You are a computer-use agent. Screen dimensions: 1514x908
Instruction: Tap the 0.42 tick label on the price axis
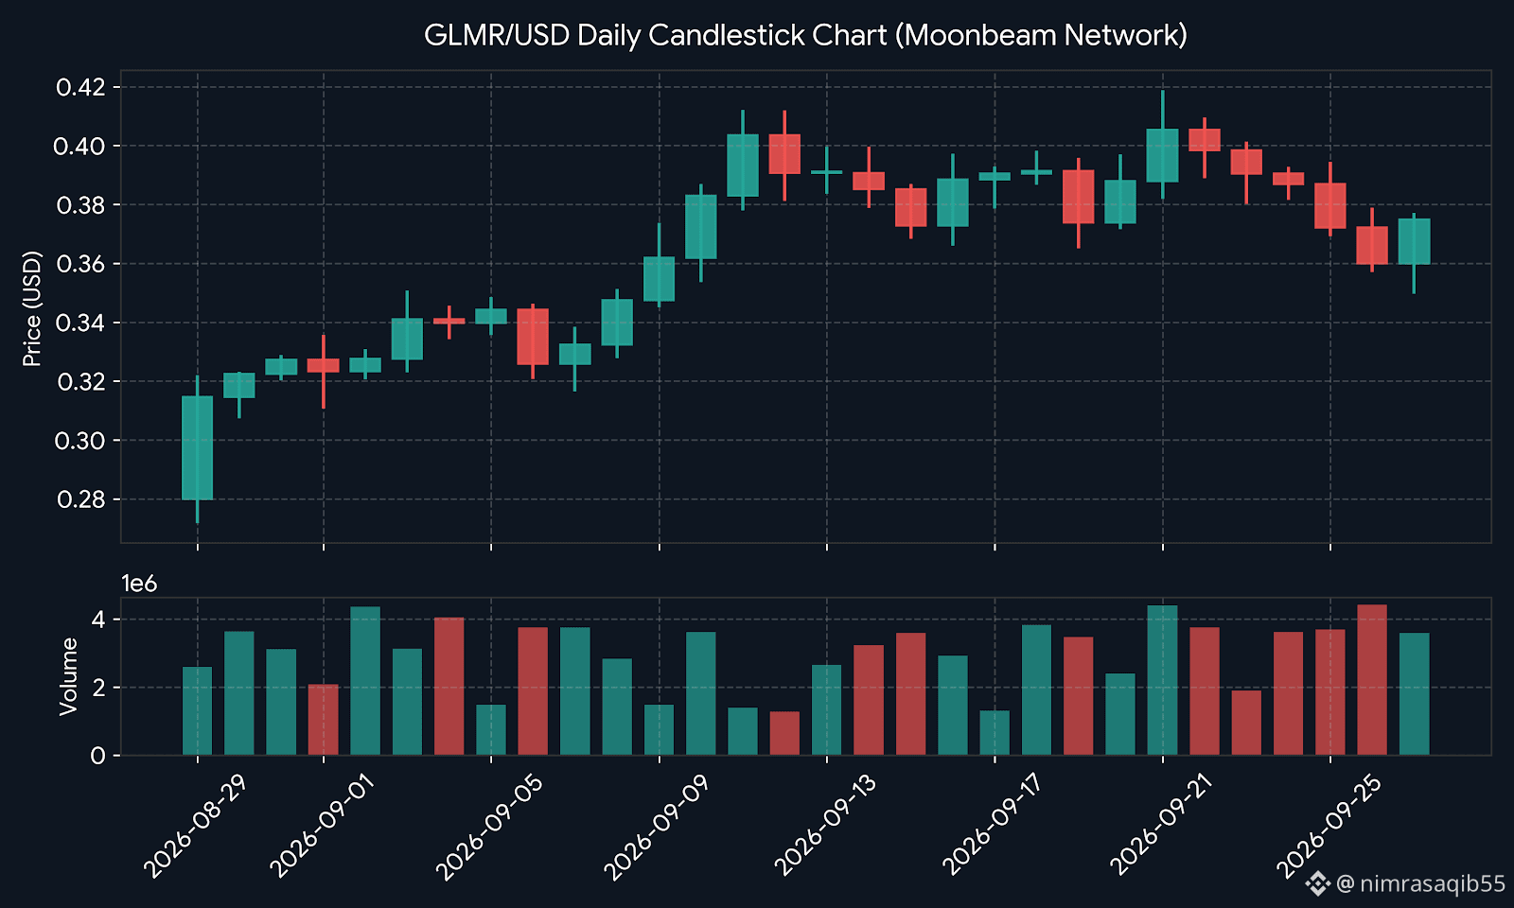(80, 87)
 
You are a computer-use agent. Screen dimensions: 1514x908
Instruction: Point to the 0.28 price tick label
(80, 499)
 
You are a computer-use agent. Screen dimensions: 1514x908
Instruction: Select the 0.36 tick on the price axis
(80, 264)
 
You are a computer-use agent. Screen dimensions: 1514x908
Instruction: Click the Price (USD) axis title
(32, 308)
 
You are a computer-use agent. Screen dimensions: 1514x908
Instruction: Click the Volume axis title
(68, 676)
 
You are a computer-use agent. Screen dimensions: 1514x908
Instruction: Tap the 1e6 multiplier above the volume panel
(139, 583)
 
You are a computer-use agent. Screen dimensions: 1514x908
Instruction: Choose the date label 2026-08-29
(195, 827)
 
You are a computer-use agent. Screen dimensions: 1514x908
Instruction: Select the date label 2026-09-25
(1329, 827)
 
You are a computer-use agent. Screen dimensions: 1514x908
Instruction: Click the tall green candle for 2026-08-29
(198, 448)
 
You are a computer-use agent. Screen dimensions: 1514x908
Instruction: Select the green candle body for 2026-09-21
(1163, 155)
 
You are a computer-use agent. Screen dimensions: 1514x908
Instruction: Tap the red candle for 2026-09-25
(1330, 205)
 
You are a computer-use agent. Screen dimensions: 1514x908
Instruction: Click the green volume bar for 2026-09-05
(491, 729)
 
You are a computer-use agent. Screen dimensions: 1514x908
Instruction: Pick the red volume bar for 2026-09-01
(323, 720)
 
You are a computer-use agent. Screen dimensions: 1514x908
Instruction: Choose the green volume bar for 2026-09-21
(1163, 680)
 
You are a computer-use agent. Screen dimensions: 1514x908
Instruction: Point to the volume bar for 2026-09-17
(995, 732)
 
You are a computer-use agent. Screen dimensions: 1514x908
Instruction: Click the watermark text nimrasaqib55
(1433, 883)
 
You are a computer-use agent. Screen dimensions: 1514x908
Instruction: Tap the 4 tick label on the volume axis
(98, 620)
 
